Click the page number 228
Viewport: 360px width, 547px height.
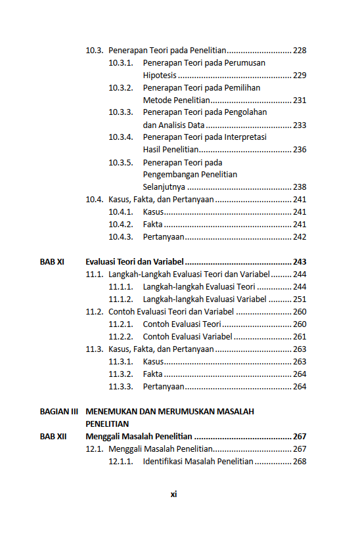pyautogui.click(x=300, y=51)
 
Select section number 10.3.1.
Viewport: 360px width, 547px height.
pyautogui.click(x=121, y=63)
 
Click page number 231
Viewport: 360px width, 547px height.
pyautogui.click(x=300, y=100)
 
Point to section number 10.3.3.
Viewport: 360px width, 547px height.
pyautogui.click(x=121, y=112)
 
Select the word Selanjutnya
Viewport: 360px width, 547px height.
pyautogui.click(x=164, y=187)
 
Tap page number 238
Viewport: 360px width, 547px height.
pyautogui.click(x=300, y=187)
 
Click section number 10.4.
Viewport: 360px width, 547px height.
pyautogui.click(x=95, y=200)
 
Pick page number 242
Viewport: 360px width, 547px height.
pyautogui.click(x=300, y=237)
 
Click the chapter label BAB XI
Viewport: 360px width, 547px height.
pyautogui.click(x=52, y=261)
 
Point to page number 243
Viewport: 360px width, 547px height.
pyautogui.click(x=300, y=261)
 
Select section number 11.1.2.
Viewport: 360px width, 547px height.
pyautogui.click(x=121, y=299)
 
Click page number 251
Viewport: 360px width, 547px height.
pyautogui.click(x=300, y=299)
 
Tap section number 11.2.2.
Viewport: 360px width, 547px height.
pyautogui.click(x=121, y=337)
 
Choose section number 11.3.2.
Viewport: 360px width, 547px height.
pyautogui.click(x=121, y=374)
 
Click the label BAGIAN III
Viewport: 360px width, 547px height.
pyautogui.click(x=59, y=412)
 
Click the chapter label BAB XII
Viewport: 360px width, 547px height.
pyautogui.click(x=53, y=437)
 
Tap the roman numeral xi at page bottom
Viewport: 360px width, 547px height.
pyautogui.click(x=173, y=494)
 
